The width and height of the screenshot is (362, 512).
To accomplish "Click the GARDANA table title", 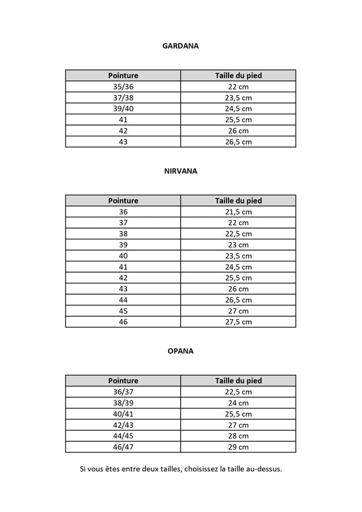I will pyautogui.click(x=180, y=46).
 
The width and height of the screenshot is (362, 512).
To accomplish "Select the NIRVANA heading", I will pyautogui.click(x=180, y=171).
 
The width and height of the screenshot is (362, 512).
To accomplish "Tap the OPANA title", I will pyautogui.click(x=180, y=351).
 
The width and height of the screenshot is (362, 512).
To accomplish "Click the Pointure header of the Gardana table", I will pyautogui.click(x=123, y=75).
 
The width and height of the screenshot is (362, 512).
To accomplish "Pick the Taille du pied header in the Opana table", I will pyautogui.click(x=238, y=381).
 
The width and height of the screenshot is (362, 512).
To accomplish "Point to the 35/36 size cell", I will pyautogui.click(x=123, y=87).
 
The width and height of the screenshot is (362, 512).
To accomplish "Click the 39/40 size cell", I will pyautogui.click(x=123, y=109).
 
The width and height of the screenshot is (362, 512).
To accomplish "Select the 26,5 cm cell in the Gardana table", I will pyautogui.click(x=238, y=142).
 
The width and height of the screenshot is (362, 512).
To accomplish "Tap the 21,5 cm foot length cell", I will pyautogui.click(x=238, y=212).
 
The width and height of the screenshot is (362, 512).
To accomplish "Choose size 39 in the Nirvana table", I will pyautogui.click(x=123, y=244).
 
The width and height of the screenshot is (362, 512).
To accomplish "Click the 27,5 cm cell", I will pyautogui.click(x=238, y=322).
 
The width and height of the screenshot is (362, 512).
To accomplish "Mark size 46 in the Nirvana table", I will pyautogui.click(x=123, y=322).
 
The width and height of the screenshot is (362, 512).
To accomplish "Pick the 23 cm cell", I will pyautogui.click(x=238, y=244).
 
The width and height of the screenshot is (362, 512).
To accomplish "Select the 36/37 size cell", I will pyautogui.click(x=123, y=391).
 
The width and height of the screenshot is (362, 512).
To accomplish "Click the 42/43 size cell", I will pyautogui.click(x=123, y=425).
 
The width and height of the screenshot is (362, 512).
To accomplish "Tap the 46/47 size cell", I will pyautogui.click(x=123, y=447).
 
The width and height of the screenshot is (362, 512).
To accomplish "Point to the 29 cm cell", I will pyautogui.click(x=238, y=447).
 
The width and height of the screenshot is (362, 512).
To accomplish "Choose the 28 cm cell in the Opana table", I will pyautogui.click(x=238, y=436).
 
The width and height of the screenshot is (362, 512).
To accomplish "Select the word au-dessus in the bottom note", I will pyautogui.click(x=264, y=469).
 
